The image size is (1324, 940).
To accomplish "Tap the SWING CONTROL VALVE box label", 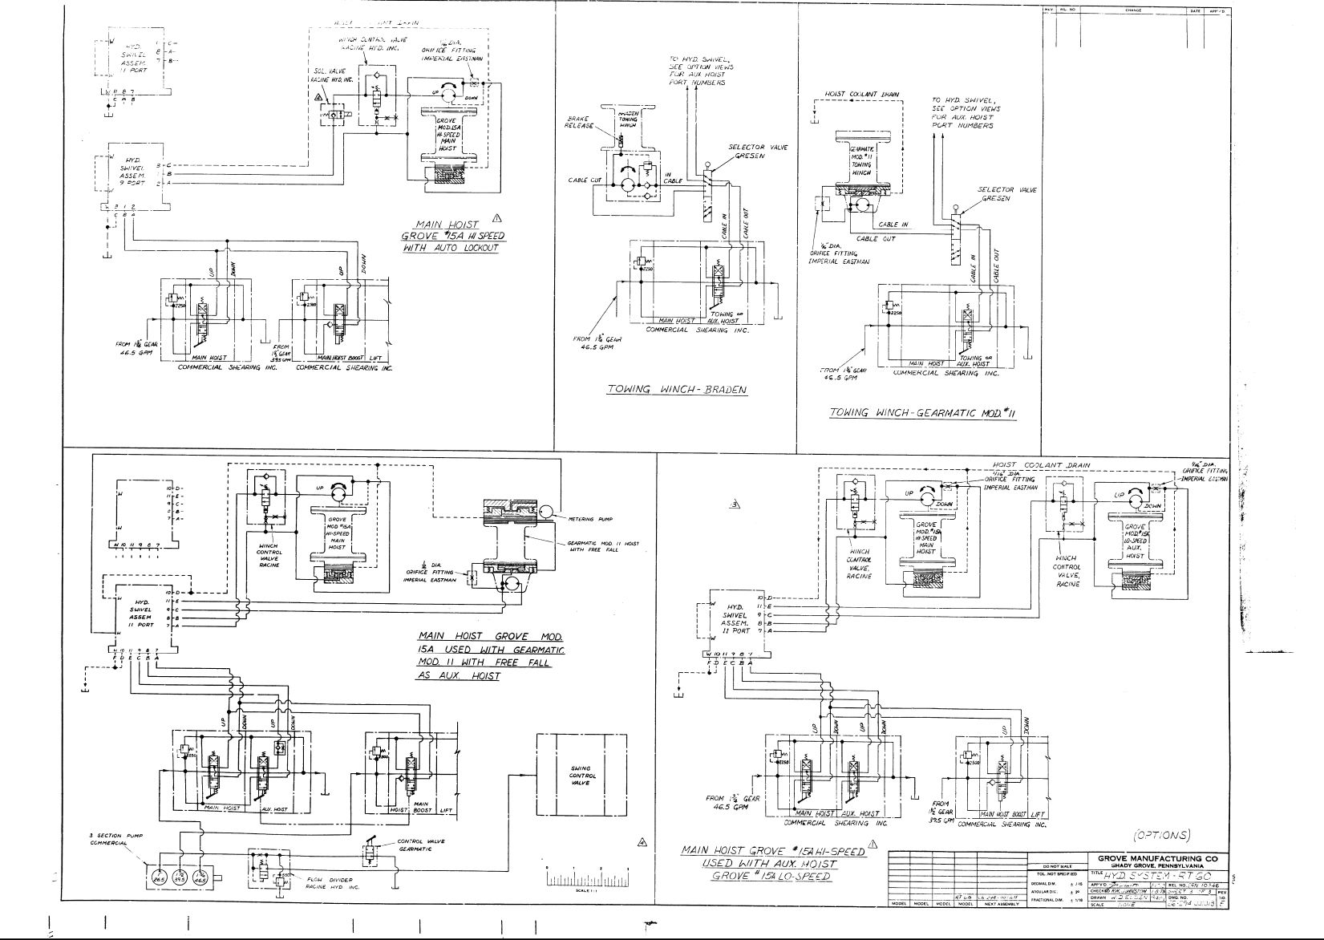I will tap(579, 776).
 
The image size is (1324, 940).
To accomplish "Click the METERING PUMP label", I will tap(590, 520).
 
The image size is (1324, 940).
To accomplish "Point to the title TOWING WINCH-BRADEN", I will tap(677, 391).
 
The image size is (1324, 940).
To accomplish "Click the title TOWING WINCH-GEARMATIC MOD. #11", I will tap(923, 414).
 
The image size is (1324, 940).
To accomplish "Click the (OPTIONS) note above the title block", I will tap(1161, 835).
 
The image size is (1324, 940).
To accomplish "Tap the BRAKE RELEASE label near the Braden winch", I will tap(579, 123).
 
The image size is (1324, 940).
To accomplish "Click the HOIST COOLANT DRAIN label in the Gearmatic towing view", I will tap(861, 95).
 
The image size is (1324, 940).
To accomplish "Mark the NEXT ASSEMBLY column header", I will tap(1002, 904).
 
